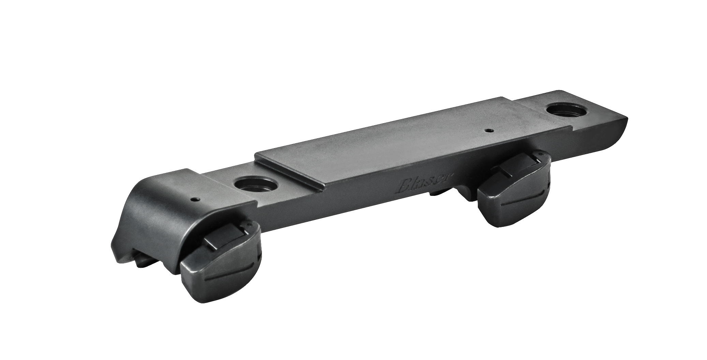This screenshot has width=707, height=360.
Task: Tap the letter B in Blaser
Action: pyautogui.click(x=404, y=187)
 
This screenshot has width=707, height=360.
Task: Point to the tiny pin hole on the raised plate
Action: pyautogui.click(x=489, y=130)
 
